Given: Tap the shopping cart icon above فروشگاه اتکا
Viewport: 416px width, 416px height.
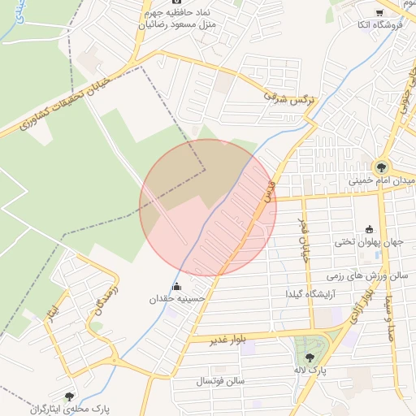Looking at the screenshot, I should pos(379,12).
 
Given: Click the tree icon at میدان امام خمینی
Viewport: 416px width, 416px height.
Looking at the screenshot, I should pos(382,166).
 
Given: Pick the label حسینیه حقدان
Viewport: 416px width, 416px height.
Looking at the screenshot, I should pos(177,299).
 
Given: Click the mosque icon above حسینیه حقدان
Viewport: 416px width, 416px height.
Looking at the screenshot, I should pos(176,286).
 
